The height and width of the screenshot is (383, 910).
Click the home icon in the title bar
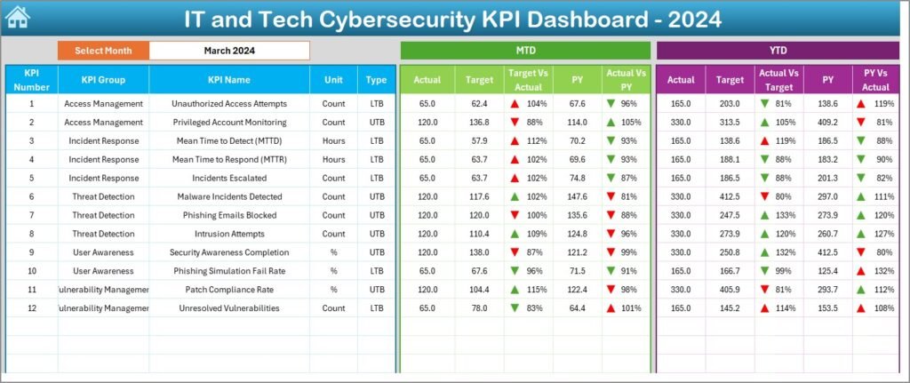(x=18, y=17)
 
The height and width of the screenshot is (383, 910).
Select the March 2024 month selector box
(x=229, y=51)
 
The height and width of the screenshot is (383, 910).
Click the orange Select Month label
(x=103, y=51)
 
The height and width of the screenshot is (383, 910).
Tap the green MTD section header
(x=525, y=51)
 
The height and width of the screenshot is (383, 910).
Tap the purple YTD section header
(x=777, y=51)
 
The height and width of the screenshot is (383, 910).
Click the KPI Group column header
(x=103, y=80)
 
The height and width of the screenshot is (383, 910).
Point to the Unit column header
(x=333, y=80)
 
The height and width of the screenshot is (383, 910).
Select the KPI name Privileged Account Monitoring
(x=229, y=123)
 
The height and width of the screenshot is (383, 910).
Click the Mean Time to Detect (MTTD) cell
(x=229, y=141)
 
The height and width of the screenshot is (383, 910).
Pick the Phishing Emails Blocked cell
(x=229, y=215)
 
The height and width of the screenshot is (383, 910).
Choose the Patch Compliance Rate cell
(x=229, y=290)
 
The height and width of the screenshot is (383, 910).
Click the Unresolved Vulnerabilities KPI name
(x=229, y=308)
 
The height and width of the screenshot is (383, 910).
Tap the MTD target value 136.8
(x=479, y=123)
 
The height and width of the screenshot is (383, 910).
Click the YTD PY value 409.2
(x=828, y=123)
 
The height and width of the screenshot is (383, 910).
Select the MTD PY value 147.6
(x=578, y=196)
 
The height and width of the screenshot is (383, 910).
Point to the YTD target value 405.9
(x=730, y=290)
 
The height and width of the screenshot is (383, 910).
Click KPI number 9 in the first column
(x=31, y=252)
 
